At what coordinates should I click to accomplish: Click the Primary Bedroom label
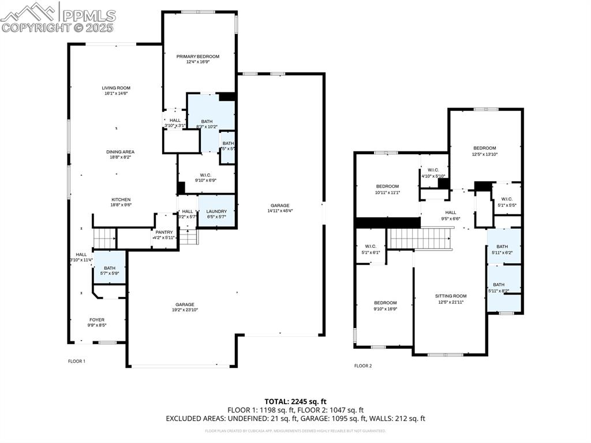click(198, 57)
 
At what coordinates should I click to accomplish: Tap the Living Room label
click(116, 88)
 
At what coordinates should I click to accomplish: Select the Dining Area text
click(120, 152)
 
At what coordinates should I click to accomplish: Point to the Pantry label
click(164, 232)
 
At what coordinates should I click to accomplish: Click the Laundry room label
click(216, 211)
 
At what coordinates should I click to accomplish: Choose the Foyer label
click(97, 319)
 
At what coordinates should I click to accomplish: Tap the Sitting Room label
click(451, 296)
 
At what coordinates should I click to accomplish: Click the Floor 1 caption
click(77, 362)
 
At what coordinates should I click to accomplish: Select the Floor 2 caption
click(363, 366)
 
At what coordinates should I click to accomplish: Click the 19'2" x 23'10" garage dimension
click(185, 310)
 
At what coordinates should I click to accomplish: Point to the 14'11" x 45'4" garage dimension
click(280, 211)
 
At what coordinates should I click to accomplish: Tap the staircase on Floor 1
click(104, 237)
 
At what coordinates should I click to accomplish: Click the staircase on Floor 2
click(420, 238)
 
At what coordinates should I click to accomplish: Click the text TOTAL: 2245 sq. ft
click(295, 401)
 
